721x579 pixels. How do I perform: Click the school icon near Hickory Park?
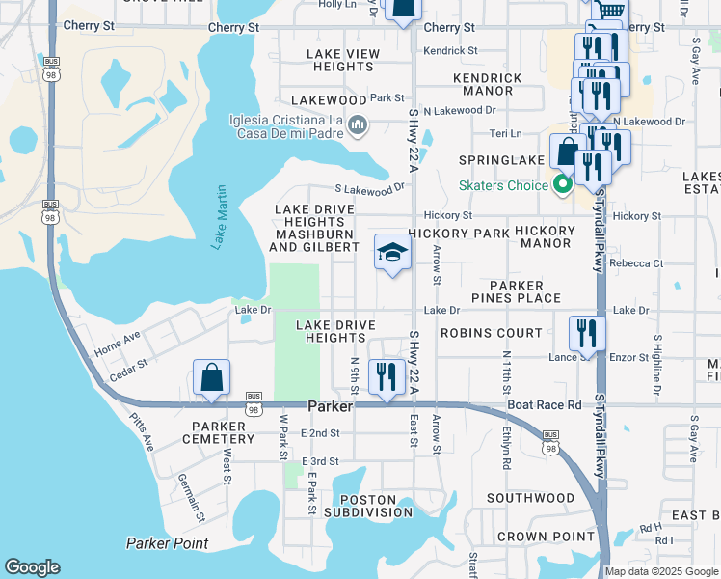coord(392,253)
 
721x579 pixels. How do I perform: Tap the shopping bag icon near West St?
coord(212,377)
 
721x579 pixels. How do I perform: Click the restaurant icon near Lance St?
coord(587,334)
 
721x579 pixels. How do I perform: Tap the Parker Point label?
coord(167,543)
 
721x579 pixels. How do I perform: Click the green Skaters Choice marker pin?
coord(564,184)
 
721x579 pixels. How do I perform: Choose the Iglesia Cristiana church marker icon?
coord(358,124)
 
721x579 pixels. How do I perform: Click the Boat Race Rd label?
coord(546,406)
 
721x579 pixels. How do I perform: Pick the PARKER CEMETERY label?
coord(224,432)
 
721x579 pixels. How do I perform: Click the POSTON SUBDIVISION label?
coord(368,506)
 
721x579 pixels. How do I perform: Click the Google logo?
coord(33,567)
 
